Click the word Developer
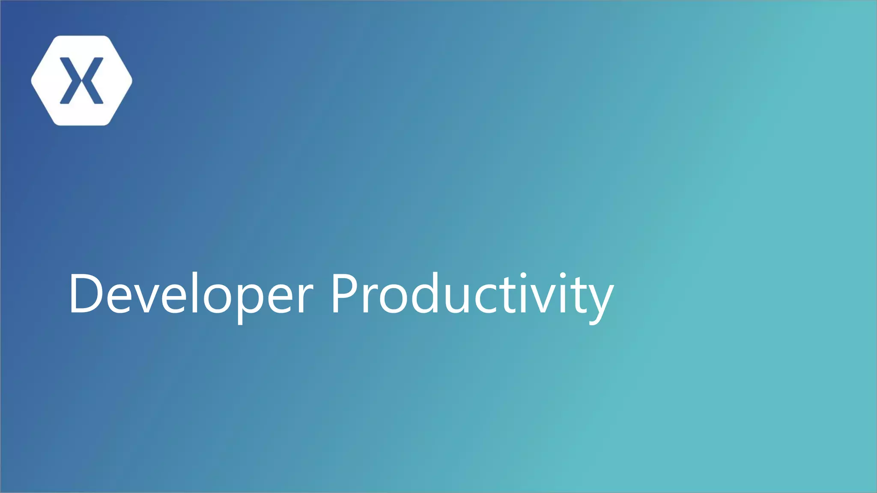point(191,294)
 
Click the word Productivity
point(471,294)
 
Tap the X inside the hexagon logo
point(81,80)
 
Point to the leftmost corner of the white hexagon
point(32,80)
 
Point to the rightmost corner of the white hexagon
point(131,80)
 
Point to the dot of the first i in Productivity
point(523,275)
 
